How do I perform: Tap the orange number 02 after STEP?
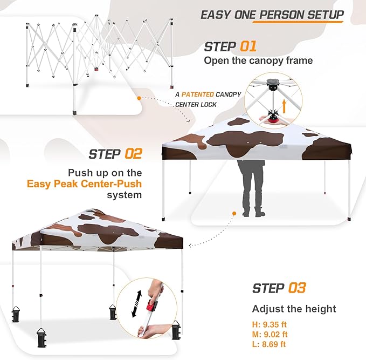(x=133, y=154)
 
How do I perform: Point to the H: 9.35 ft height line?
(x=269, y=325)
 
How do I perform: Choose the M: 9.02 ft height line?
(x=270, y=335)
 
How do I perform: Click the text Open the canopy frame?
(x=258, y=60)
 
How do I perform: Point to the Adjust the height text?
(x=294, y=309)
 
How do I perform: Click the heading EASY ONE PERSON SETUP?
(x=272, y=15)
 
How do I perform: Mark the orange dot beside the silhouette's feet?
(x=234, y=213)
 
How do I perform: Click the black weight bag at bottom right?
(x=175, y=330)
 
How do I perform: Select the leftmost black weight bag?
(x=17, y=315)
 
